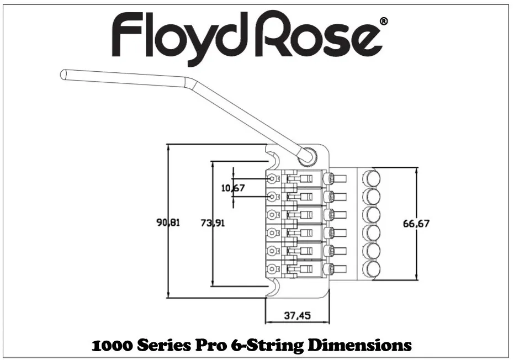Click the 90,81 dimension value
168,223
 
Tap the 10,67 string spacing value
233,188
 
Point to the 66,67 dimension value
416,224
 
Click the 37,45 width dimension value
297,316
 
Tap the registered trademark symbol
384,22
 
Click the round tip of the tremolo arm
64,74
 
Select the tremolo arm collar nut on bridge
306,156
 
